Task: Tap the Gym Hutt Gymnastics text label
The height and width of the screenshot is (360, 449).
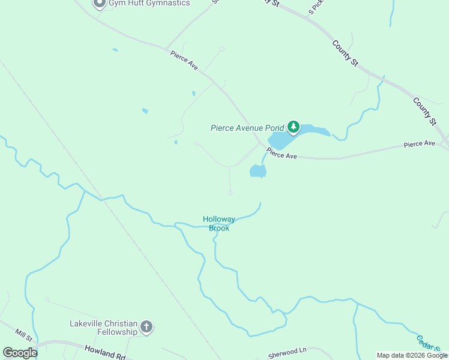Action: tap(149, 3)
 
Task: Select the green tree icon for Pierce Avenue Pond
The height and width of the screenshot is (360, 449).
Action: tap(294, 127)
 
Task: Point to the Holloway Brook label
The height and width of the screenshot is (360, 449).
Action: tap(219, 223)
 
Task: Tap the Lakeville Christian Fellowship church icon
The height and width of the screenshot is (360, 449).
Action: tap(146, 328)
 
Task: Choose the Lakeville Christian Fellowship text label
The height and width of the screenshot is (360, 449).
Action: tap(104, 328)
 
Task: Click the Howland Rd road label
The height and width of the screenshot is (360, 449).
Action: tap(104, 352)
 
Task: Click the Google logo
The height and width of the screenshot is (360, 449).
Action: tap(20, 353)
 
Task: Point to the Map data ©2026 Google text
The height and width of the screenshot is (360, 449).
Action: tap(412, 355)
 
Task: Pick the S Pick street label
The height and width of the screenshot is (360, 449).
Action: tap(316, 7)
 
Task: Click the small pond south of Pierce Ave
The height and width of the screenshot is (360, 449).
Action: tap(258, 171)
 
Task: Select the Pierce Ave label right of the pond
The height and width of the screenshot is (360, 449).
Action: tap(282, 155)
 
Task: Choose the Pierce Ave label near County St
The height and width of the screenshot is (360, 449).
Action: tap(419, 144)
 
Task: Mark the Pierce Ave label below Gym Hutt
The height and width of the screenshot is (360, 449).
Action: tap(184, 60)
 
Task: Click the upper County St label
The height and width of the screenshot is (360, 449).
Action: tap(345, 53)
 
